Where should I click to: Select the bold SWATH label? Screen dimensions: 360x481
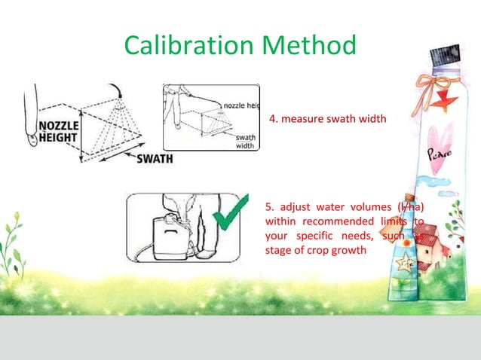tap(155, 159)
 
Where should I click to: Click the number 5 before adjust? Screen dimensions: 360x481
tap(270, 207)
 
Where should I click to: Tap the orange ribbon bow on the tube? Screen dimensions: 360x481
tap(433, 81)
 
